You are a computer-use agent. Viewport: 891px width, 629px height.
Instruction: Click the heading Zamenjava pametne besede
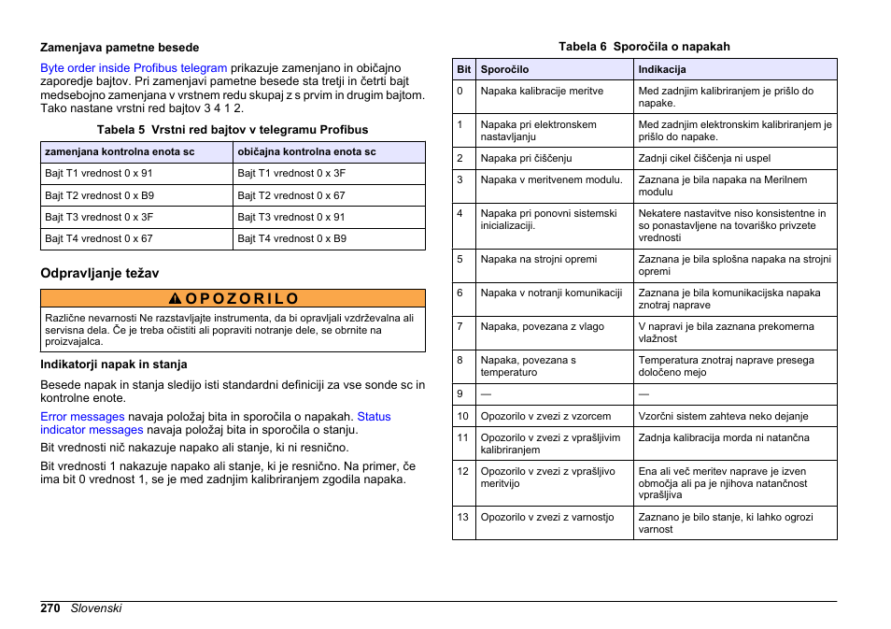119,48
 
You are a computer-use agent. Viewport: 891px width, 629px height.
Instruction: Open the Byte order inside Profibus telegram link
134,68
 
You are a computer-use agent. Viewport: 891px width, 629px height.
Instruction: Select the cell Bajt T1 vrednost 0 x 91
99,174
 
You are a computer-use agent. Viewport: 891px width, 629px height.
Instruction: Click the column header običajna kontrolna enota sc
306,151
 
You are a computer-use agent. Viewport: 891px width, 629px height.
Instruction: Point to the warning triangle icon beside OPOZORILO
175,299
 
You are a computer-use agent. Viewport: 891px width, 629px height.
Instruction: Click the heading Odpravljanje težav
99,273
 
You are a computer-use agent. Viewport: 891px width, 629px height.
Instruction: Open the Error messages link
82,417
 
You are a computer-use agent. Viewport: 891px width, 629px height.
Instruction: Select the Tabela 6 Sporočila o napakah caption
643,47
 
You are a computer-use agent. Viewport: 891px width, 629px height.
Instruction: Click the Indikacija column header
661,70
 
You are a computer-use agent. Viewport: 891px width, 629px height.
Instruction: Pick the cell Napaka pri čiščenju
526,159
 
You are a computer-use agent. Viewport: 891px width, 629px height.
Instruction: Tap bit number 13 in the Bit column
462,517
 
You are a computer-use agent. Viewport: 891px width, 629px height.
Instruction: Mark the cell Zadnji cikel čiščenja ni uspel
704,159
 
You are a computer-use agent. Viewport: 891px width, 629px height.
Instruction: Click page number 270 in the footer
50,608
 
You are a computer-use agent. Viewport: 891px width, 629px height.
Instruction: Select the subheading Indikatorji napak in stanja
113,365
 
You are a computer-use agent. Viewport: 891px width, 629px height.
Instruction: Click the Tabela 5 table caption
233,130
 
